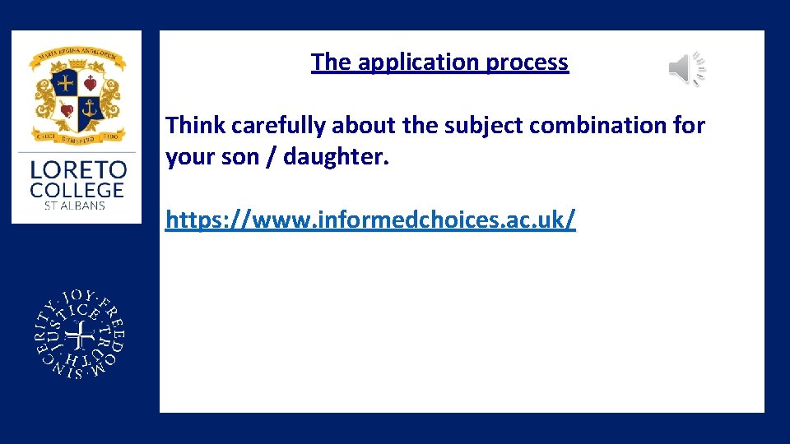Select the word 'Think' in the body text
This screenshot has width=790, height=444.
196,126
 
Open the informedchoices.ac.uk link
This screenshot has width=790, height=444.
370,220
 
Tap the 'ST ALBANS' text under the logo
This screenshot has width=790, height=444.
76,206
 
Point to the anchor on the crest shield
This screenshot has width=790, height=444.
88,107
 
